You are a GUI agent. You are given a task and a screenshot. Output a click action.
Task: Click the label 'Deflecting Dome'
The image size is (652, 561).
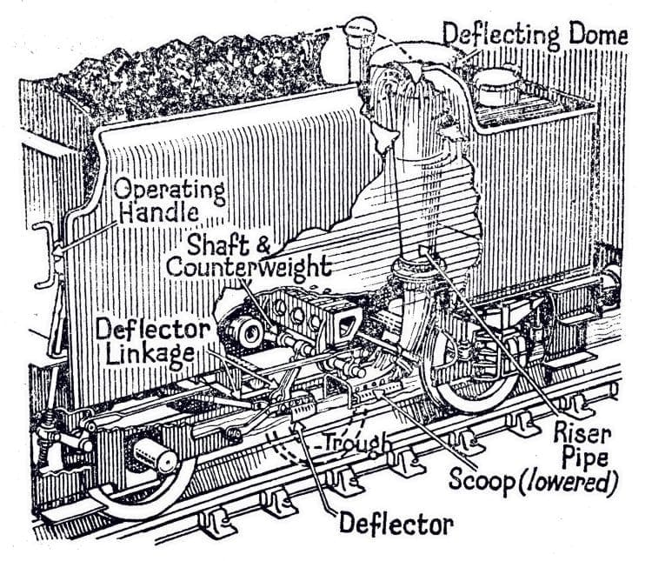pyautogui.click(x=534, y=36)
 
